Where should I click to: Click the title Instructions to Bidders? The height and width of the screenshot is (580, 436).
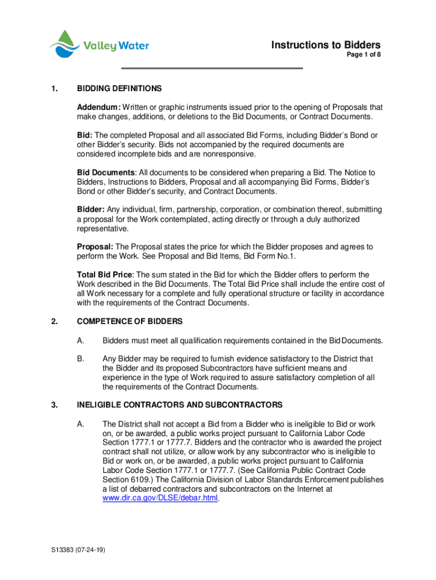326,45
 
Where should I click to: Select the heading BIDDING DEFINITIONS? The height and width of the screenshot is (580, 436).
119,89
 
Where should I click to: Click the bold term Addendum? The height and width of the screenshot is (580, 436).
99,107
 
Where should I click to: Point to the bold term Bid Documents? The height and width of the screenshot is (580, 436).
106,172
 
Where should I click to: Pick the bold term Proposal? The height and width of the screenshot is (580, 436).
95,247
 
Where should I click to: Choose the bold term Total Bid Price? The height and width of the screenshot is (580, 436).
104,275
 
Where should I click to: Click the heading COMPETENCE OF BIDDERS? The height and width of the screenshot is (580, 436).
130,322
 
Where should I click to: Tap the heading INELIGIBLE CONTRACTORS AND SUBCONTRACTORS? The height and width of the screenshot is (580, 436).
179,405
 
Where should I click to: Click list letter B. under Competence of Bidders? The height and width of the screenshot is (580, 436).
81,359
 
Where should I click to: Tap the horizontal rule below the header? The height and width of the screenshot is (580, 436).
213,69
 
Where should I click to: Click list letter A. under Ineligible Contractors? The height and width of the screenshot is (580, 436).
81,424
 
